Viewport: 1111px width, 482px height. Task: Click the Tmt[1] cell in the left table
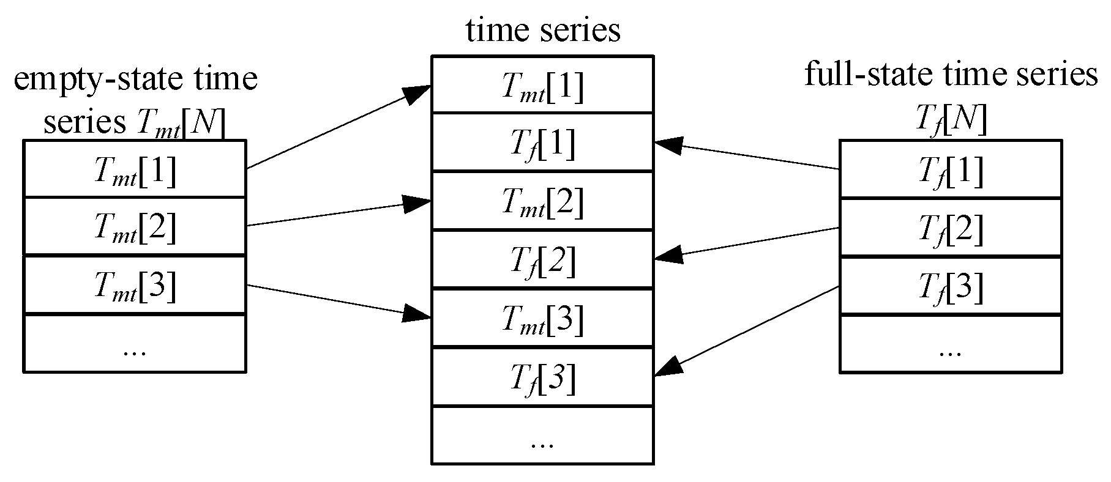pyautogui.click(x=135, y=169)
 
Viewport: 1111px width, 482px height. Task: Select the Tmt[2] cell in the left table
pyautogui.click(x=135, y=226)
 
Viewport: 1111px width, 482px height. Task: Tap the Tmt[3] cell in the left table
pyautogui.click(x=135, y=285)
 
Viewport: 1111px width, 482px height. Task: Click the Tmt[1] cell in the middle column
pyautogui.click(x=542, y=85)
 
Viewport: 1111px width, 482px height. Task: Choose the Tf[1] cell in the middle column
pyautogui.click(x=542, y=143)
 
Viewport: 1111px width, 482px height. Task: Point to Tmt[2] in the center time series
pyautogui.click(x=542, y=201)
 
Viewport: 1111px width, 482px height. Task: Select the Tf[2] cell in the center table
pyautogui.click(x=542, y=259)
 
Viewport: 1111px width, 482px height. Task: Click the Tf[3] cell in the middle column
pyautogui.click(x=542, y=377)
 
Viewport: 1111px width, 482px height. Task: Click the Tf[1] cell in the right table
pyautogui.click(x=950, y=169)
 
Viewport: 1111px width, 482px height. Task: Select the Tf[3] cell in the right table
pyautogui.click(x=950, y=285)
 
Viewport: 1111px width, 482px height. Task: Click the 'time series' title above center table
pyautogui.click(x=543, y=29)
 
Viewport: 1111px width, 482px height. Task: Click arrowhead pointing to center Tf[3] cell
pyautogui.click(x=668, y=367)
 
